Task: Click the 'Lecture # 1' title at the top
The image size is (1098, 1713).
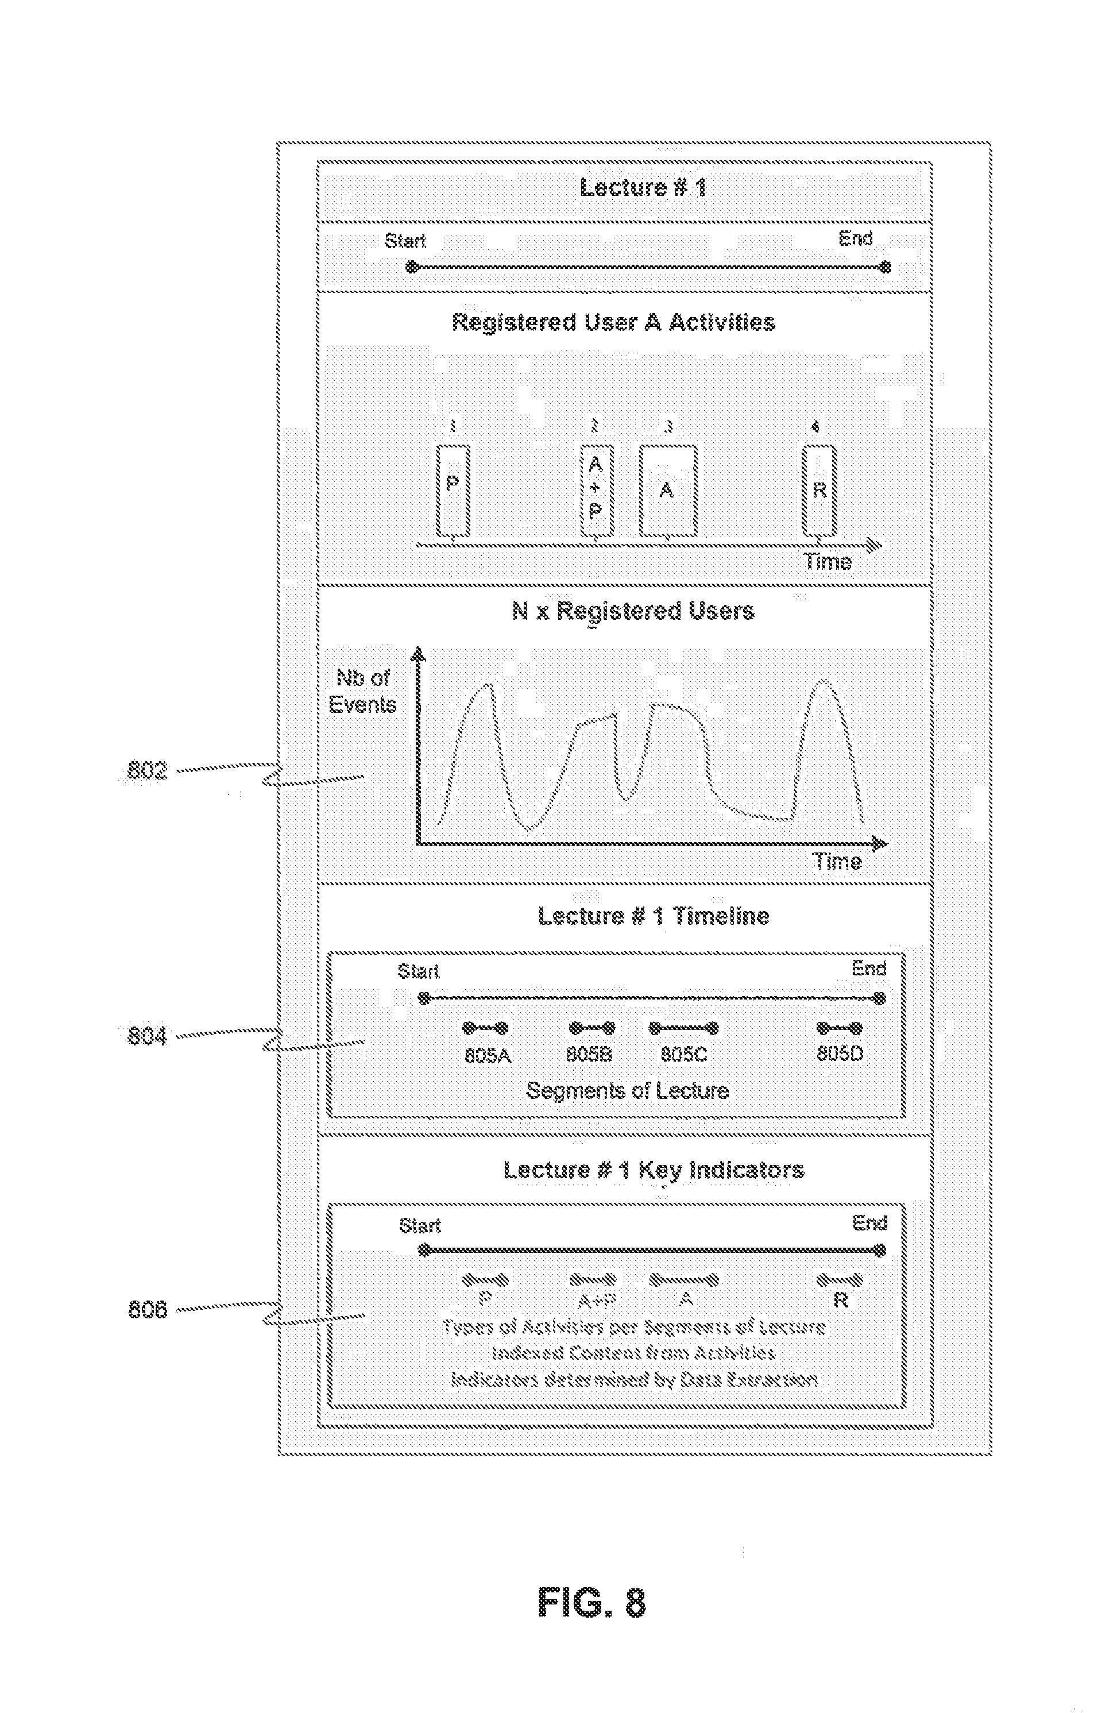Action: tap(643, 188)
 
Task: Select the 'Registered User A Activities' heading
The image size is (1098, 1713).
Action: tap(613, 322)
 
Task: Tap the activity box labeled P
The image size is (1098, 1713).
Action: tap(453, 490)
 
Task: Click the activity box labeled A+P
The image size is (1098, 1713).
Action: tap(596, 490)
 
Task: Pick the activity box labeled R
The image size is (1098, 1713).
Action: tap(819, 490)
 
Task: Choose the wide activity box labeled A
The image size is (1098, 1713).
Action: tap(667, 490)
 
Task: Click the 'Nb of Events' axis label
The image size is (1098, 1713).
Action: tap(362, 691)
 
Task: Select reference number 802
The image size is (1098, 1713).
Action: tap(147, 770)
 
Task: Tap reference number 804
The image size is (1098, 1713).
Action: tap(147, 1036)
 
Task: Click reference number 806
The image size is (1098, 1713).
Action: tap(147, 1309)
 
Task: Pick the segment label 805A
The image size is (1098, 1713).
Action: tap(488, 1055)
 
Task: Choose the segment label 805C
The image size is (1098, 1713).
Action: tap(684, 1054)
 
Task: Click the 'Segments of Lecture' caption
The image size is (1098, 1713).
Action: tap(628, 1090)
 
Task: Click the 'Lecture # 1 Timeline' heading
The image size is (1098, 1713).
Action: tap(653, 916)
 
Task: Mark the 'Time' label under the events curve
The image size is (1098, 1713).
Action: tap(838, 862)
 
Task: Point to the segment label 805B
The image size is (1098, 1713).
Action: tap(589, 1054)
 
